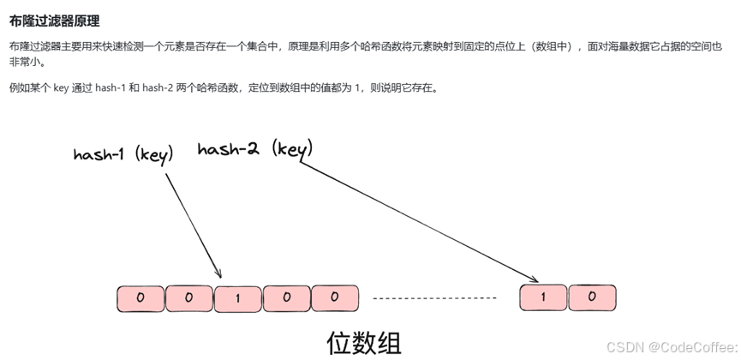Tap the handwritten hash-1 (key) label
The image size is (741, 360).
(x=123, y=154)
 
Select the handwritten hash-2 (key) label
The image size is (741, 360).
(x=254, y=149)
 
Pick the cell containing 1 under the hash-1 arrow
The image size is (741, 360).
(x=237, y=298)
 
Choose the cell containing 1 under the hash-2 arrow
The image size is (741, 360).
(x=543, y=297)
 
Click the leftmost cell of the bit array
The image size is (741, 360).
(x=140, y=298)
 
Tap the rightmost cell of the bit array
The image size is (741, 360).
(x=592, y=297)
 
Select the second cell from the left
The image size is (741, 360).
(x=188, y=298)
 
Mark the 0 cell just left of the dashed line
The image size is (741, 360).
(x=336, y=298)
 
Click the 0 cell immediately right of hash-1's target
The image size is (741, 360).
(x=286, y=298)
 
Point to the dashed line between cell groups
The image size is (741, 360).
(x=434, y=298)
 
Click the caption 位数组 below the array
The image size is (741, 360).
(x=364, y=342)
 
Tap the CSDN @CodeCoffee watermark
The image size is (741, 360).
(x=671, y=346)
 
